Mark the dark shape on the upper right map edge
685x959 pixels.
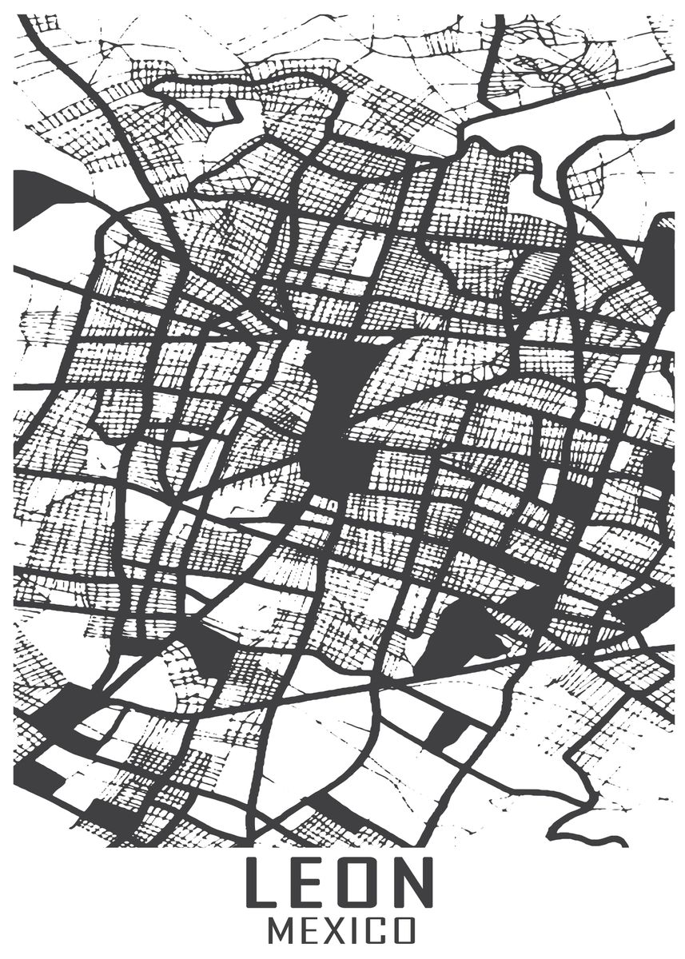click(x=662, y=256)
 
